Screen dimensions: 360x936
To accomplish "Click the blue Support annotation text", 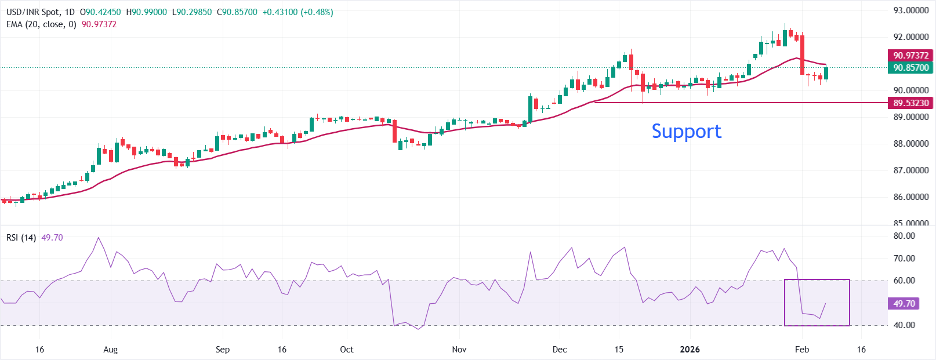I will coord(686,132).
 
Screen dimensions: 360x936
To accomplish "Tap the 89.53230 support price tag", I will coord(910,103).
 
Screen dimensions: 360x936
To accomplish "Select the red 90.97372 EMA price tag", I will coord(910,56).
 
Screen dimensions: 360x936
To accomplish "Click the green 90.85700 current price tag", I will coord(910,68).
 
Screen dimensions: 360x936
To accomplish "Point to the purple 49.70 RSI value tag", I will coord(904,304).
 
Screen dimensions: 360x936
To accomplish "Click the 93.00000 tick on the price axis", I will coord(910,10).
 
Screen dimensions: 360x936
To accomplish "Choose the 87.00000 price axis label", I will coord(910,170).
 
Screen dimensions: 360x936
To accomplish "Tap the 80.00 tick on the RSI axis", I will coord(904,236).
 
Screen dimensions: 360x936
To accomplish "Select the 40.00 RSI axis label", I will coord(904,325).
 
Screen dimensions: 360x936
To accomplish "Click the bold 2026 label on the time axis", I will coord(690,350).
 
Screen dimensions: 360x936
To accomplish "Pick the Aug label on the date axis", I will coord(110,350).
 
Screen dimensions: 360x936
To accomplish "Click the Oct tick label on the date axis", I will coord(346,350).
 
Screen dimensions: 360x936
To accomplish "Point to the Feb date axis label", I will coord(801,350).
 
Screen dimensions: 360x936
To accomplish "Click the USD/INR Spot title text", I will coord(32,12).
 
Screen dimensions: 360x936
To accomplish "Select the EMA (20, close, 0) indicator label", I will coord(41,24).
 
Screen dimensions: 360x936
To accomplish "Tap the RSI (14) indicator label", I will coord(21,238).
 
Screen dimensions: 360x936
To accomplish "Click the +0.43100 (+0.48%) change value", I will coord(298,12).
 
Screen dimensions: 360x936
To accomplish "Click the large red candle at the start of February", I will coord(803,55).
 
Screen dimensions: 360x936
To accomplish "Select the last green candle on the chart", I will coord(826,73).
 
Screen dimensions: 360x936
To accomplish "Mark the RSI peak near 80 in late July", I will coord(98,238).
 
